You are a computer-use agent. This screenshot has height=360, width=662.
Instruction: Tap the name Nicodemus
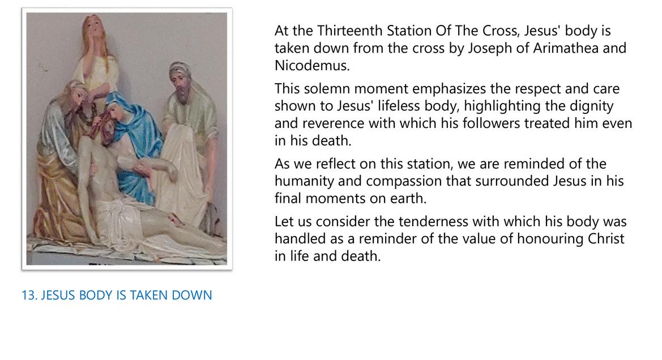coord(312,66)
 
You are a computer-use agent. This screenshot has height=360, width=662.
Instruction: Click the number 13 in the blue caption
coord(28,295)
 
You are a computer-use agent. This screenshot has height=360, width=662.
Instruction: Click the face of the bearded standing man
coord(181,83)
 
